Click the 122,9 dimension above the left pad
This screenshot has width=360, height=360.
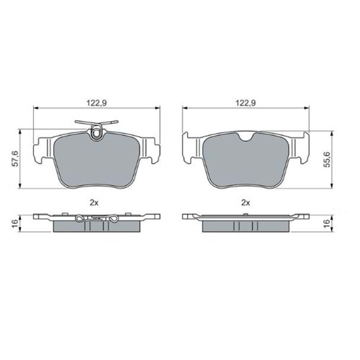coord(96,103)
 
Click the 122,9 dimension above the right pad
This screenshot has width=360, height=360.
coord(246,103)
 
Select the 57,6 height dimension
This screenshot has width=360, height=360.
coord(16,158)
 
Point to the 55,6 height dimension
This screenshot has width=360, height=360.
coord(328,159)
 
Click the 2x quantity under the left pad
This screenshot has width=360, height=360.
coord(94,203)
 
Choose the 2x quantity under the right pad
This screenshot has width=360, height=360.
coord(246,203)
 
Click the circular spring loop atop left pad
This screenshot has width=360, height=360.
coord(96,132)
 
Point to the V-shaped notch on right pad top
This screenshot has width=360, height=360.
coord(246,137)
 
